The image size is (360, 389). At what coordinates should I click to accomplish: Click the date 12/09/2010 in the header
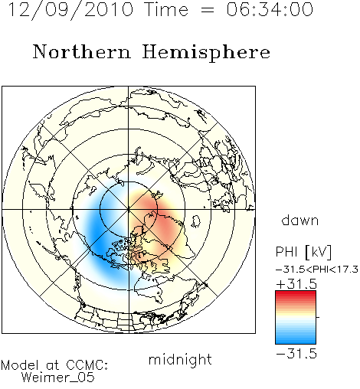pos(71,10)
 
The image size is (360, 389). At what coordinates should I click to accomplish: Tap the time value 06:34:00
pos(270,9)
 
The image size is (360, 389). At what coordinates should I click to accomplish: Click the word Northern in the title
pos(82,52)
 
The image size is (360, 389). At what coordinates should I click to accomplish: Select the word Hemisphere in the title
pos(206,52)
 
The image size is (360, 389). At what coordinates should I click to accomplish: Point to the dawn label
pos(300,220)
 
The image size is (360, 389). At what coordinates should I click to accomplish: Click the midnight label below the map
pos(180,359)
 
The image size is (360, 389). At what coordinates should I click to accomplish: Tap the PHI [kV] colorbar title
pos(303,252)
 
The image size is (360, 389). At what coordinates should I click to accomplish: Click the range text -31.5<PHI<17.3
pos(317,270)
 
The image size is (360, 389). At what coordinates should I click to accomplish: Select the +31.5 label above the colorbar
pos(296,284)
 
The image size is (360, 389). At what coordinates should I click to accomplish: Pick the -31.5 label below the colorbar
pos(296,354)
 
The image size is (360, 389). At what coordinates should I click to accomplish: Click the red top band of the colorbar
pos(296,293)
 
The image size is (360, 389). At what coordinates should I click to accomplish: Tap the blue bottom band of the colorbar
pos(296,341)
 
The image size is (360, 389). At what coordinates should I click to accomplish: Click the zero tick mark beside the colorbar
pos(318,317)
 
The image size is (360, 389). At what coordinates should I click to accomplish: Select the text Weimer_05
pos(57,378)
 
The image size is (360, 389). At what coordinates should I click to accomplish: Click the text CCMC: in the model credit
pos(87,365)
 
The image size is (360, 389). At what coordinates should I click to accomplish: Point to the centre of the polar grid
pos(129,210)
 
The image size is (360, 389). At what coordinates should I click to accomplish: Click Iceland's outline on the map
pos(196,221)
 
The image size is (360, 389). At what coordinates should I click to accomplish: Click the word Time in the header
pos(166,9)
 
